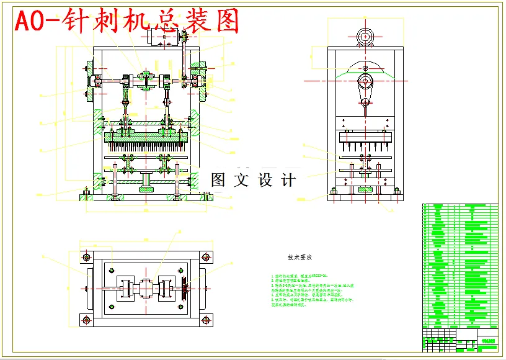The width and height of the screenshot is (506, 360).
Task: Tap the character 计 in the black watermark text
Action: (x=288, y=180)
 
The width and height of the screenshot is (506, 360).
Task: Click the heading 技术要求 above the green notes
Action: (x=299, y=256)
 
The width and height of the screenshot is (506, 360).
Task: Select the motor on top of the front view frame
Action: (x=162, y=37)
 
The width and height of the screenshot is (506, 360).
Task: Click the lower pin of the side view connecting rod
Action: (x=366, y=102)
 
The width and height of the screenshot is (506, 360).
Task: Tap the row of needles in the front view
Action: (x=146, y=147)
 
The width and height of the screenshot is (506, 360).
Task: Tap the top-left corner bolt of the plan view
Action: (x=86, y=256)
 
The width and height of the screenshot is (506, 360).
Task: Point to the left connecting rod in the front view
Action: (x=126, y=112)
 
